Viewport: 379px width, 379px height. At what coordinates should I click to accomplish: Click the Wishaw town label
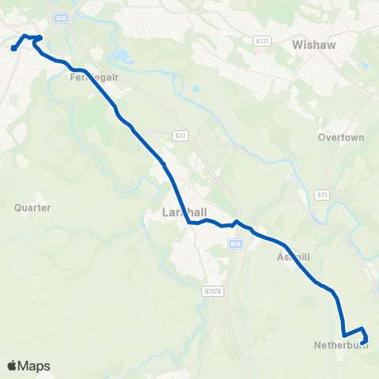pyautogui.click(x=313, y=45)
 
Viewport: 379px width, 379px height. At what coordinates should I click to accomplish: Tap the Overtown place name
pyautogui.click(x=341, y=137)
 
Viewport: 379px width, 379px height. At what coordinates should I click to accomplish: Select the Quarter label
pyautogui.click(x=32, y=208)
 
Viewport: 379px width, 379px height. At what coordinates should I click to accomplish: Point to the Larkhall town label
pyautogui.click(x=183, y=213)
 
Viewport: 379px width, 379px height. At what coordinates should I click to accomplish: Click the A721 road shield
pyautogui.click(x=263, y=40)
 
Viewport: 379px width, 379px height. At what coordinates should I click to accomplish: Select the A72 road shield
pyautogui.click(x=182, y=136)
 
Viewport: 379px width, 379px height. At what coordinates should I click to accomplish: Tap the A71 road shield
pyautogui.click(x=322, y=194)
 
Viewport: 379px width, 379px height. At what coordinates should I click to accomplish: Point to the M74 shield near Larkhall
pyautogui.click(x=235, y=244)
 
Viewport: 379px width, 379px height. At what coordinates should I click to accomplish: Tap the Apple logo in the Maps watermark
pyautogui.click(x=13, y=366)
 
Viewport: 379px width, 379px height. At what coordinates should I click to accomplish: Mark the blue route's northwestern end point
pyautogui.click(x=14, y=49)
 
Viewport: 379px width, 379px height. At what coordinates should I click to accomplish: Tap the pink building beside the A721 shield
pyautogui.click(x=261, y=50)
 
